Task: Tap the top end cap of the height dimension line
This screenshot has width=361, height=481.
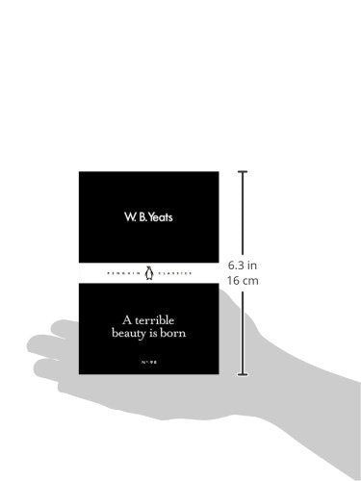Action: [x=244, y=172]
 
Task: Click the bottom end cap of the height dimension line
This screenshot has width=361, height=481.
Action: [x=244, y=373]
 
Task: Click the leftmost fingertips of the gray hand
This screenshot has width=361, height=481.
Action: [x=35, y=345]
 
